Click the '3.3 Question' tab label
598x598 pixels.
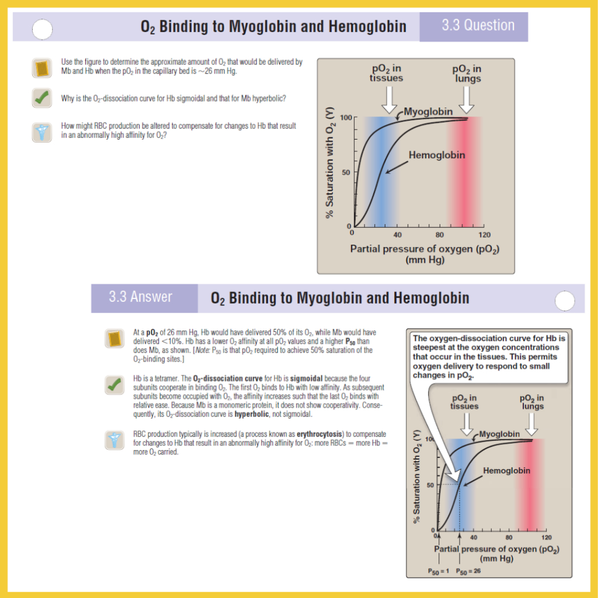[x=478, y=26]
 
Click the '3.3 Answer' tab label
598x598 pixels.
[x=141, y=297]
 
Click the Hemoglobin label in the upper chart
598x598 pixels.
[x=437, y=155]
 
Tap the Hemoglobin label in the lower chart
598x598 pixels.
[x=507, y=471]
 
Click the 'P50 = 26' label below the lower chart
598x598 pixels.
[x=468, y=571]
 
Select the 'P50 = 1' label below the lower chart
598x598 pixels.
[x=439, y=571]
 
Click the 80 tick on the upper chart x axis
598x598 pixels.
[x=440, y=235]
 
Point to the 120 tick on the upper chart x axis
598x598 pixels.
[x=484, y=235]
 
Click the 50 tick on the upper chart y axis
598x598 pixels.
[x=345, y=172]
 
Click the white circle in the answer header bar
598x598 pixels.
[x=564, y=301]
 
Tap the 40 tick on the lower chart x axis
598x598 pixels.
[x=474, y=537]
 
